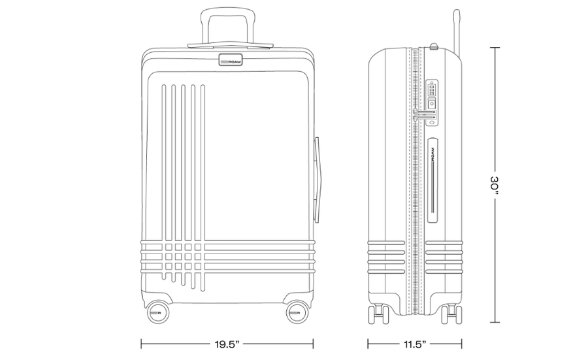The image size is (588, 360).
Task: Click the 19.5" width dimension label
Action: click(x=227, y=344)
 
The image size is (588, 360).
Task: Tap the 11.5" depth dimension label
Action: click(x=414, y=344)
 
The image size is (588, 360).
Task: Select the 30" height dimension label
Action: click(x=495, y=185)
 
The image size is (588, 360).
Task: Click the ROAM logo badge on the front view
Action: click(x=231, y=59)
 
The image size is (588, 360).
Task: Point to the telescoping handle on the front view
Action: click(x=228, y=28)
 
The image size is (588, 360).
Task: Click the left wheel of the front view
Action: click(x=157, y=312)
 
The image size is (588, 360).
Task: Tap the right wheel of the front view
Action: click(x=298, y=312)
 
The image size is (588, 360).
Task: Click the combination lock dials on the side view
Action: click(x=432, y=90)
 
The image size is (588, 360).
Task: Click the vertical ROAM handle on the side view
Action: click(x=433, y=180)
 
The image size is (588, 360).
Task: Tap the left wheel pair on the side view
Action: click(x=378, y=314)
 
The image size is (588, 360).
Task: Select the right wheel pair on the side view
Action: click(x=451, y=314)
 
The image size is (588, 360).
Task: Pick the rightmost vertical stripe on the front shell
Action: click(x=203, y=188)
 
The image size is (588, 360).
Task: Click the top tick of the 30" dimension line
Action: click(x=495, y=48)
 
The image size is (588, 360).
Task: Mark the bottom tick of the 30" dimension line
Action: click(x=495, y=322)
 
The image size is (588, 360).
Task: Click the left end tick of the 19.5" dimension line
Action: click(x=141, y=344)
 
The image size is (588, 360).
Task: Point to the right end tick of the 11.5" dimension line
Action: click(x=462, y=344)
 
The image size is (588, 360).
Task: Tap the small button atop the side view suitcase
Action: click(x=434, y=46)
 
